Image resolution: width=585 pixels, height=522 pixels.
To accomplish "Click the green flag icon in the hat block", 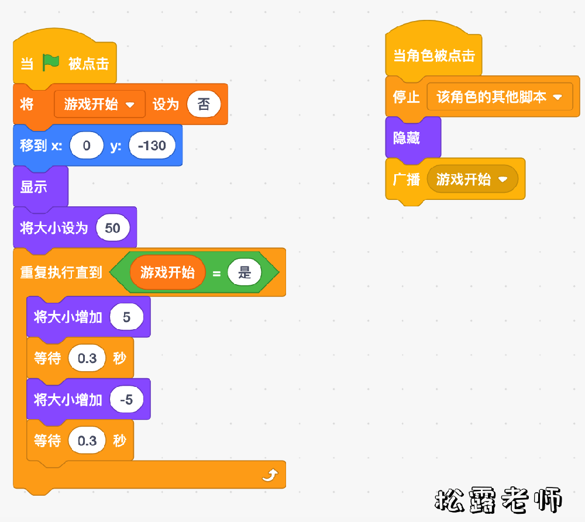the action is tap(51, 63).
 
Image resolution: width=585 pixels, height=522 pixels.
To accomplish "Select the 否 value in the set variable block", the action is tap(204, 105).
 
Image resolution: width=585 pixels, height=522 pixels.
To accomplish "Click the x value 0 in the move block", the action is tap(87, 146).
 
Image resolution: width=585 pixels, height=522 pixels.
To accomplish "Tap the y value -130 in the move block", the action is tap(152, 146).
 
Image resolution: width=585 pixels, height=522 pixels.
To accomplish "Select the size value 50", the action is tap(112, 227).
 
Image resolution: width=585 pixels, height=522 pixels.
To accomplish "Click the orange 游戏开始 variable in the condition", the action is tap(167, 272).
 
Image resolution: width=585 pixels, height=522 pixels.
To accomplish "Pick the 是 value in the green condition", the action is tap(245, 272).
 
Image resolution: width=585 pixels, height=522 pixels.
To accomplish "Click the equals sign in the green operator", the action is tap(216, 273).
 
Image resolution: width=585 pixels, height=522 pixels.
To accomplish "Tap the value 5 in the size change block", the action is tap(126, 317).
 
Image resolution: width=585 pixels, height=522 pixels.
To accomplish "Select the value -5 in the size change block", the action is tap(126, 400).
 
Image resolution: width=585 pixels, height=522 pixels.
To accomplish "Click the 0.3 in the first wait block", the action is tap(87, 358).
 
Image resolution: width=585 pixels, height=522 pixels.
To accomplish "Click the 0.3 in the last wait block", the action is tap(87, 441).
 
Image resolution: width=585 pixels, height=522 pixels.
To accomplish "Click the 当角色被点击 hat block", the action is tap(433, 56).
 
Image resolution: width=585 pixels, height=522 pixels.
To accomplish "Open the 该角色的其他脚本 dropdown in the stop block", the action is tap(500, 97).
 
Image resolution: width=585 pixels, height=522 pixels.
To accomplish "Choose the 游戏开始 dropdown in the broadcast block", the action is tap(472, 179).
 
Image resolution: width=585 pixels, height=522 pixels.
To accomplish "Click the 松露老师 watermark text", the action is tap(498, 500).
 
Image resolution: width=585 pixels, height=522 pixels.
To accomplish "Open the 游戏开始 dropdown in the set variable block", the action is tap(99, 105).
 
